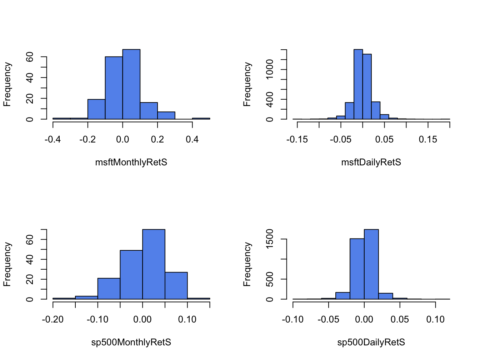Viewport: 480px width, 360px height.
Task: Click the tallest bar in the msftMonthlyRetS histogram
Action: tap(131, 84)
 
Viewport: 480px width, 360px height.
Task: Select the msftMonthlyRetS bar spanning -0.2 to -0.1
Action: tap(96, 109)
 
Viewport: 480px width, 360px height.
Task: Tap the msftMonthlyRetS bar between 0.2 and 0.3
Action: tap(166, 115)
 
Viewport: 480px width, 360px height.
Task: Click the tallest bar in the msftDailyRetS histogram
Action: tap(358, 84)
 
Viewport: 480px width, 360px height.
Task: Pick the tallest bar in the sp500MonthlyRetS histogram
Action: tap(154, 264)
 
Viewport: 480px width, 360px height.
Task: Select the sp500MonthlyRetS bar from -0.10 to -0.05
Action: tap(109, 289)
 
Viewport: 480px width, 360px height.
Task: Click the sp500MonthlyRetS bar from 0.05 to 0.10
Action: tap(176, 286)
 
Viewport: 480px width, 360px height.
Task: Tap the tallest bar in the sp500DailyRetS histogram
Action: tap(371, 264)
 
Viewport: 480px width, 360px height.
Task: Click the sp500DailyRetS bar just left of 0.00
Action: tap(357, 269)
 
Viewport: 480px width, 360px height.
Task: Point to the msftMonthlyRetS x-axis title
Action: tap(131, 162)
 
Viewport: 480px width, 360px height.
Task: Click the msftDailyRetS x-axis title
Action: tap(371, 162)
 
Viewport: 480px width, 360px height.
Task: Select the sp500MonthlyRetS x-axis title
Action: tap(131, 342)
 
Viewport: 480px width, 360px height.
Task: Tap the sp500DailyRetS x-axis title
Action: tap(371, 342)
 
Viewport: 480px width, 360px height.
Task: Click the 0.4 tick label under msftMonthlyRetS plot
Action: tap(192, 140)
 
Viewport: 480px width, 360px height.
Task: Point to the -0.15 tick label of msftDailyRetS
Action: tap(297, 140)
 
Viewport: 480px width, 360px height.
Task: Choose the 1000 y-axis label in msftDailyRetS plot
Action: tap(270, 69)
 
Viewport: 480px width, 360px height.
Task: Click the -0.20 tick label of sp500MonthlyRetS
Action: tap(53, 320)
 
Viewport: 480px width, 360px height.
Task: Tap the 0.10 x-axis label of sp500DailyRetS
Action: tap(435, 320)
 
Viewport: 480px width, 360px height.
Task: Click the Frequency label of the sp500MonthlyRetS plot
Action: tap(7, 264)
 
